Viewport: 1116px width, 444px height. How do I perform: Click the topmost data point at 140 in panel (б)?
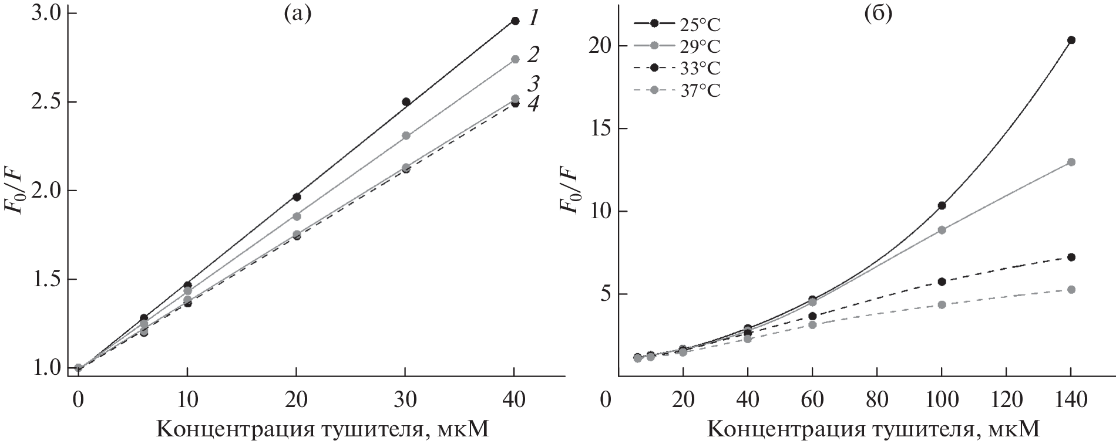tap(1071, 40)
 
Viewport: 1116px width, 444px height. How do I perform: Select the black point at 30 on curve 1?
tap(406, 101)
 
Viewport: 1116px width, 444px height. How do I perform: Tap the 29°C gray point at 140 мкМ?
tap(1071, 162)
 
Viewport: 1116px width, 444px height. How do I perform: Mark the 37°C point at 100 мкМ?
tap(942, 304)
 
